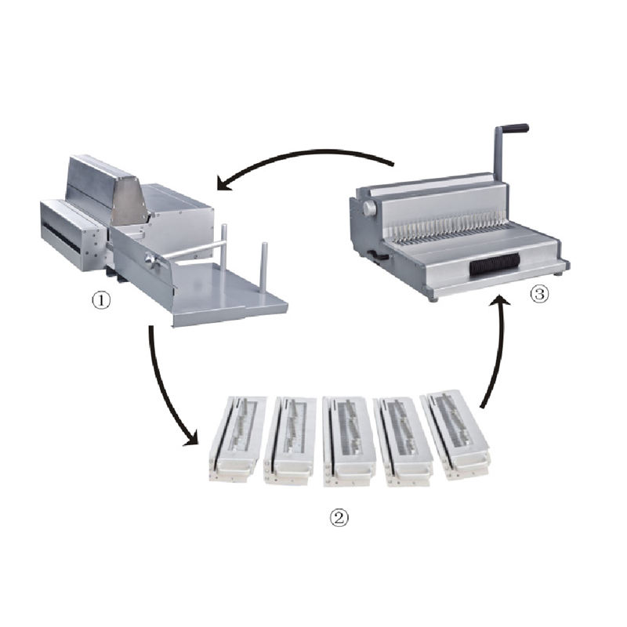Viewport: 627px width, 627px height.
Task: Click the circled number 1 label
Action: coord(101,300)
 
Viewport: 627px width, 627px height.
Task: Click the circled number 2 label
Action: coord(339,518)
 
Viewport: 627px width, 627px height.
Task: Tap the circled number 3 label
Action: coord(539,295)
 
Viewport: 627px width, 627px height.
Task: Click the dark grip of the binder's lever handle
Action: coord(515,128)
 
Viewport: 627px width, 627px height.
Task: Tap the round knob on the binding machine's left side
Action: coord(369,208)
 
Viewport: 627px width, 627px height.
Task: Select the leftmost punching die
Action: coord(237,438)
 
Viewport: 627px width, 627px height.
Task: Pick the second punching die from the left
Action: coord(290,440)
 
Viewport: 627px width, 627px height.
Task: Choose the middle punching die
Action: coord(349,440)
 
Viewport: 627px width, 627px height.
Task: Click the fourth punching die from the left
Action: coord(403,441)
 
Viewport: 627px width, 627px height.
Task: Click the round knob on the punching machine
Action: coord(152,260)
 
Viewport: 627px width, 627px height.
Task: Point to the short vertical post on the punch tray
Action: coord(264,266)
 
